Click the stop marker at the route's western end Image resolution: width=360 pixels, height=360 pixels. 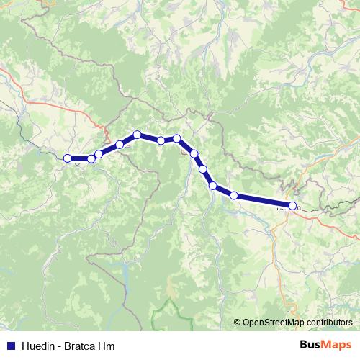(68, 158)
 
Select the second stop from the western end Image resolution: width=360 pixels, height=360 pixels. (91, 159)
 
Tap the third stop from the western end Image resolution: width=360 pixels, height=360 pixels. (99, 154)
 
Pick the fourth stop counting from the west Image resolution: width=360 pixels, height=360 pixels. (120, 145)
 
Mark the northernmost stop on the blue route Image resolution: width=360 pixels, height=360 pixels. (137, 135)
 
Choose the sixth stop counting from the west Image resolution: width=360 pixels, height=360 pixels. (161, 140)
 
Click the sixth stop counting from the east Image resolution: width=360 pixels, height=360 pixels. (176, 138)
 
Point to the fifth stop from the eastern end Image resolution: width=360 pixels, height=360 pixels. (194, 153)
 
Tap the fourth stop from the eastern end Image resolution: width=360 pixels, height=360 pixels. (203, 169)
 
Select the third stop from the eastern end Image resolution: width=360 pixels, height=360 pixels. (213, 186)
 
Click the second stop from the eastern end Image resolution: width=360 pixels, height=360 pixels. (234, 195)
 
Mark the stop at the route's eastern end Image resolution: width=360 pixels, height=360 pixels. (292, 206)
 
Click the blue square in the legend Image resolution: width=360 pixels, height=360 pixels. (10, 346)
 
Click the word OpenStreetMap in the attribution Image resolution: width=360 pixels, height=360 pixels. (275, 323)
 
